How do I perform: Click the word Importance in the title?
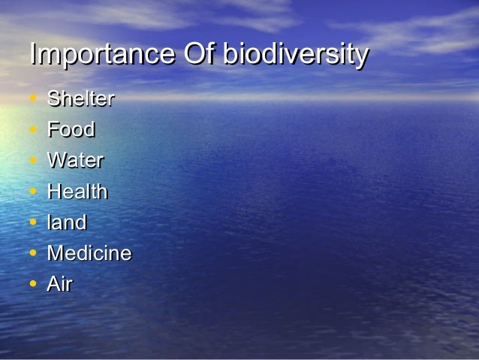pyautogui.click(x=101, y=56)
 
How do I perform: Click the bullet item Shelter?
pyautogui.click(x=81, y=99)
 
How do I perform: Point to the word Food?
pyautogui.click(x=71, y=130)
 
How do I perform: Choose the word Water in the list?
pyautogui.click(x=75, y=161)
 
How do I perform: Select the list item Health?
pyautogui.click(x=77, y=192)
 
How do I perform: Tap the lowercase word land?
pyautogui.click(x=67, y=222)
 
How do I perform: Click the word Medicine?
pyautogui.click(x=89, y=253)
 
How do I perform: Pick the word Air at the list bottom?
pyautogui.click(x=60, y=284)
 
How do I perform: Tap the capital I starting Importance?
pyautogui.click(x=32, y=55)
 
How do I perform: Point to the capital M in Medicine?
pyautogui.click(x=56, y=253)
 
